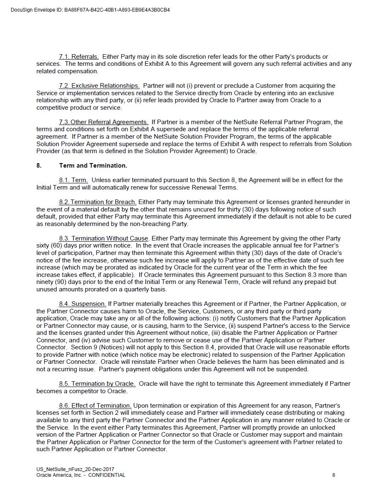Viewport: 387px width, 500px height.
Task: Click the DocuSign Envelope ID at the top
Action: [x=90, y=10]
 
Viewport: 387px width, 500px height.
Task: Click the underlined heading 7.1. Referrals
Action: [x=79, y=57]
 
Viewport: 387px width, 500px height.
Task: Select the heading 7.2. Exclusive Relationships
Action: [x=99, y=86]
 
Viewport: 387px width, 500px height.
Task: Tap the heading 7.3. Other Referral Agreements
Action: [x=103, y=122]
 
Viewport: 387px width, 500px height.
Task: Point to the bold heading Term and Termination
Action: [x=93, y=166]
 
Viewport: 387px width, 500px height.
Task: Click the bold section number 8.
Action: [x=39, y=166]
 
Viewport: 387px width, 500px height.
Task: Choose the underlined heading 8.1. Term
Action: [x=73, y=180]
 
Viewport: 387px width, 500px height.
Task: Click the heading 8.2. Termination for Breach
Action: [x=98, y=202]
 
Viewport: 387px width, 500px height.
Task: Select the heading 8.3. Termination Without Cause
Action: [x=103, y=238]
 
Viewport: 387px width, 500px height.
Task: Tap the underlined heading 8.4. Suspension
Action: [x=82, y=304]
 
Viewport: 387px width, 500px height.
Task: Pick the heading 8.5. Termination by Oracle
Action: [x=97, y=384]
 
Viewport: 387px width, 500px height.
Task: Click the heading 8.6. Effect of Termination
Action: [x=95, y=406]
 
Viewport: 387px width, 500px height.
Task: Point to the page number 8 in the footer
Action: [x=334, y=475]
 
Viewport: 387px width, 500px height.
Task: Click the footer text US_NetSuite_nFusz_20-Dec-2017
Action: [x=75, y=469]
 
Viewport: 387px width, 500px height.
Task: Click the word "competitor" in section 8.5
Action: [x=82, y=391]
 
